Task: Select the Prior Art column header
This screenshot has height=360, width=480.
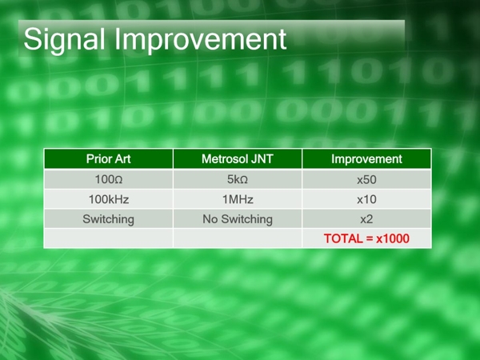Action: coord(109,159)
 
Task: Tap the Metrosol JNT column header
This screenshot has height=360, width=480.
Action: coord(238,159)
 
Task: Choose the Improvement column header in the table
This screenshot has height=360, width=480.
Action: coord(366,159)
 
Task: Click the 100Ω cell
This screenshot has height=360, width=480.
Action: coord(109,179)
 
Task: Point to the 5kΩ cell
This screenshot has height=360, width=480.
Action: coord(238,179)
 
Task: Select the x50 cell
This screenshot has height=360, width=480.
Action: coord(366,179)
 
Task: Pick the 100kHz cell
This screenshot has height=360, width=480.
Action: coord(109,198)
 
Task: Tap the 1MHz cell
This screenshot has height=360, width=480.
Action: coord(238,198)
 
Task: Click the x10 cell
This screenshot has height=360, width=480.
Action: coord(366,198)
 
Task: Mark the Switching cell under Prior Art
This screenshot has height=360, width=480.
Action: coord(109,218)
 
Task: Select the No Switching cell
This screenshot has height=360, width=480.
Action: coord(238,218)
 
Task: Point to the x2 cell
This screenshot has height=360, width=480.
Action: coord(366,218)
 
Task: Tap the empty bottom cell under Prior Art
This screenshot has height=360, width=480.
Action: coord(109,238)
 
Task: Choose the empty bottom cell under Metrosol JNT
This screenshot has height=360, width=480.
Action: coord(238,238)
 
